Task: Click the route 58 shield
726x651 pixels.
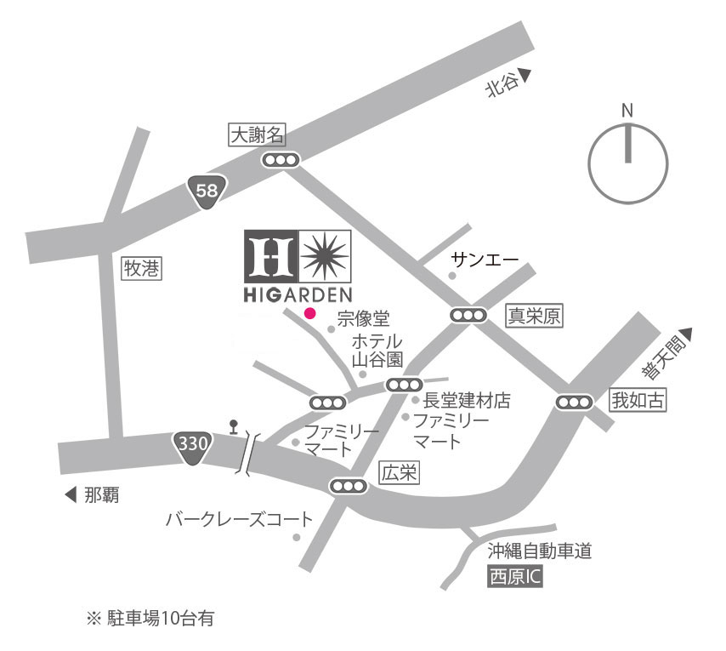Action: (x=207, y=191)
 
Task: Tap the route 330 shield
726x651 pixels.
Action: (x=193, y=443)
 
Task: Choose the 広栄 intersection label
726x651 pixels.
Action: (x=399, y=473)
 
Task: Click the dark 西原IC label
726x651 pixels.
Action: (x=514, y=578)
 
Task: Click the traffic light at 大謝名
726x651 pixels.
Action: (x=281, y=160)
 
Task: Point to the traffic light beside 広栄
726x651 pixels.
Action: (x=349, y=486)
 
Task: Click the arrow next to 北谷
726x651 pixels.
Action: (x=525, y=77)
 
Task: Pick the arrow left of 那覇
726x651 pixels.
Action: (x=70, y=494)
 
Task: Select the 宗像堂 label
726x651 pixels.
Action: (x=363, y=319)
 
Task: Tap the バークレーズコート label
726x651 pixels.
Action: (x=239, y=518)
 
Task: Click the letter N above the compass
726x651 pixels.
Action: (x=627, y=111)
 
